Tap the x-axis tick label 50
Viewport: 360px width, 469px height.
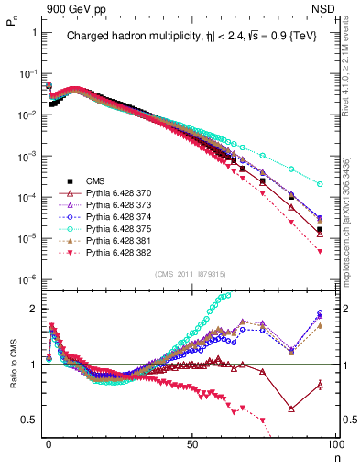(x=192, y=443)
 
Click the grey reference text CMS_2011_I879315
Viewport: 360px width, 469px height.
(x=192, y=273)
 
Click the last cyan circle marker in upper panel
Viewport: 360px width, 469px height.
(x=319, y=183)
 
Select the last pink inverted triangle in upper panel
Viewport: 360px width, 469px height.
(x=319, y=252)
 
